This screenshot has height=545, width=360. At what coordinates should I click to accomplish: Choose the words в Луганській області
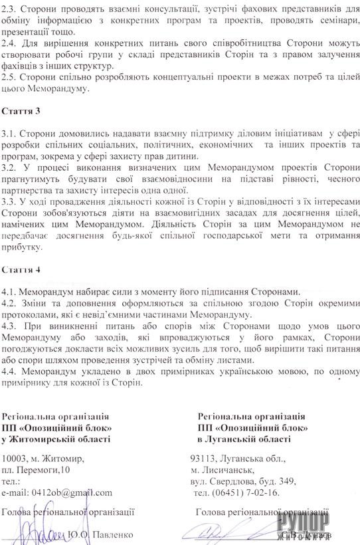click(243, 439)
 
